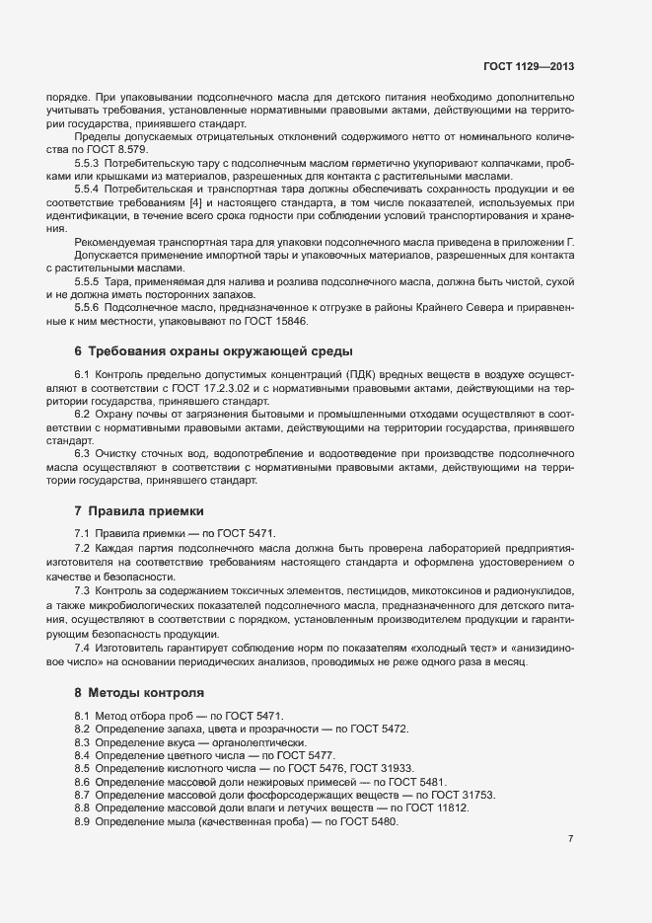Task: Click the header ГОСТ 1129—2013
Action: point(528,67)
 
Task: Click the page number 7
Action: point(570,838)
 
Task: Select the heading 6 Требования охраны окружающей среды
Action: point(213,351)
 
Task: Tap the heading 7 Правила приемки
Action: point(139,511)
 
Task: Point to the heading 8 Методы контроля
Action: point(139,693)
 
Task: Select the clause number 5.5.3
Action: point(90,162)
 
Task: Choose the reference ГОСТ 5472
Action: point(379,729)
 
